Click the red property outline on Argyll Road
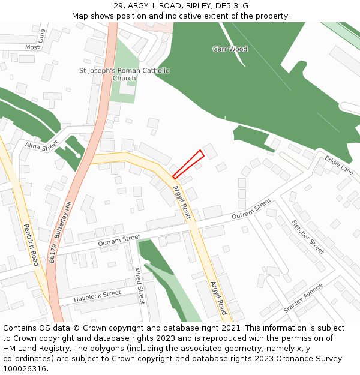click(x=188, y=164)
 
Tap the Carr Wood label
click(x=230, y=49)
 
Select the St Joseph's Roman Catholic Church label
click(x=124, y=74)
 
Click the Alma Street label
click(x=41, y=145)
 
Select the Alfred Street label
click(x=140, y=285)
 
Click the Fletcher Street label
click(x=307, y=236)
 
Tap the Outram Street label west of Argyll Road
click(x=119, y=241)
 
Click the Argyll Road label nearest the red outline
click(x=182, y=202)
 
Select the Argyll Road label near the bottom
click(x=218, y=298)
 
